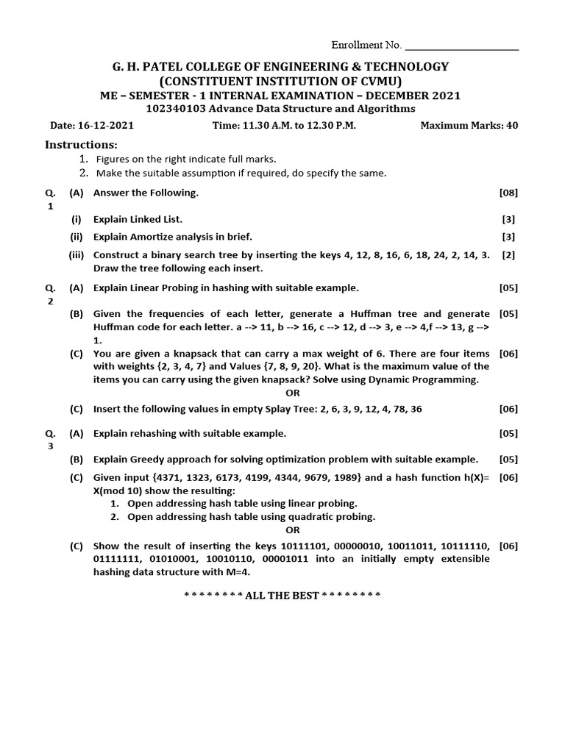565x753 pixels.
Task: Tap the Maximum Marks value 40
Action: [512, 126]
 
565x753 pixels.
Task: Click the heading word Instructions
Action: [81, 145]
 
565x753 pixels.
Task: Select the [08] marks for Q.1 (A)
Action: [508, 193]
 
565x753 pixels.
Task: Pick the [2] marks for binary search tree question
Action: [508, 255]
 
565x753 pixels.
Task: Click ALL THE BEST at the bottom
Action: [282, 595]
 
